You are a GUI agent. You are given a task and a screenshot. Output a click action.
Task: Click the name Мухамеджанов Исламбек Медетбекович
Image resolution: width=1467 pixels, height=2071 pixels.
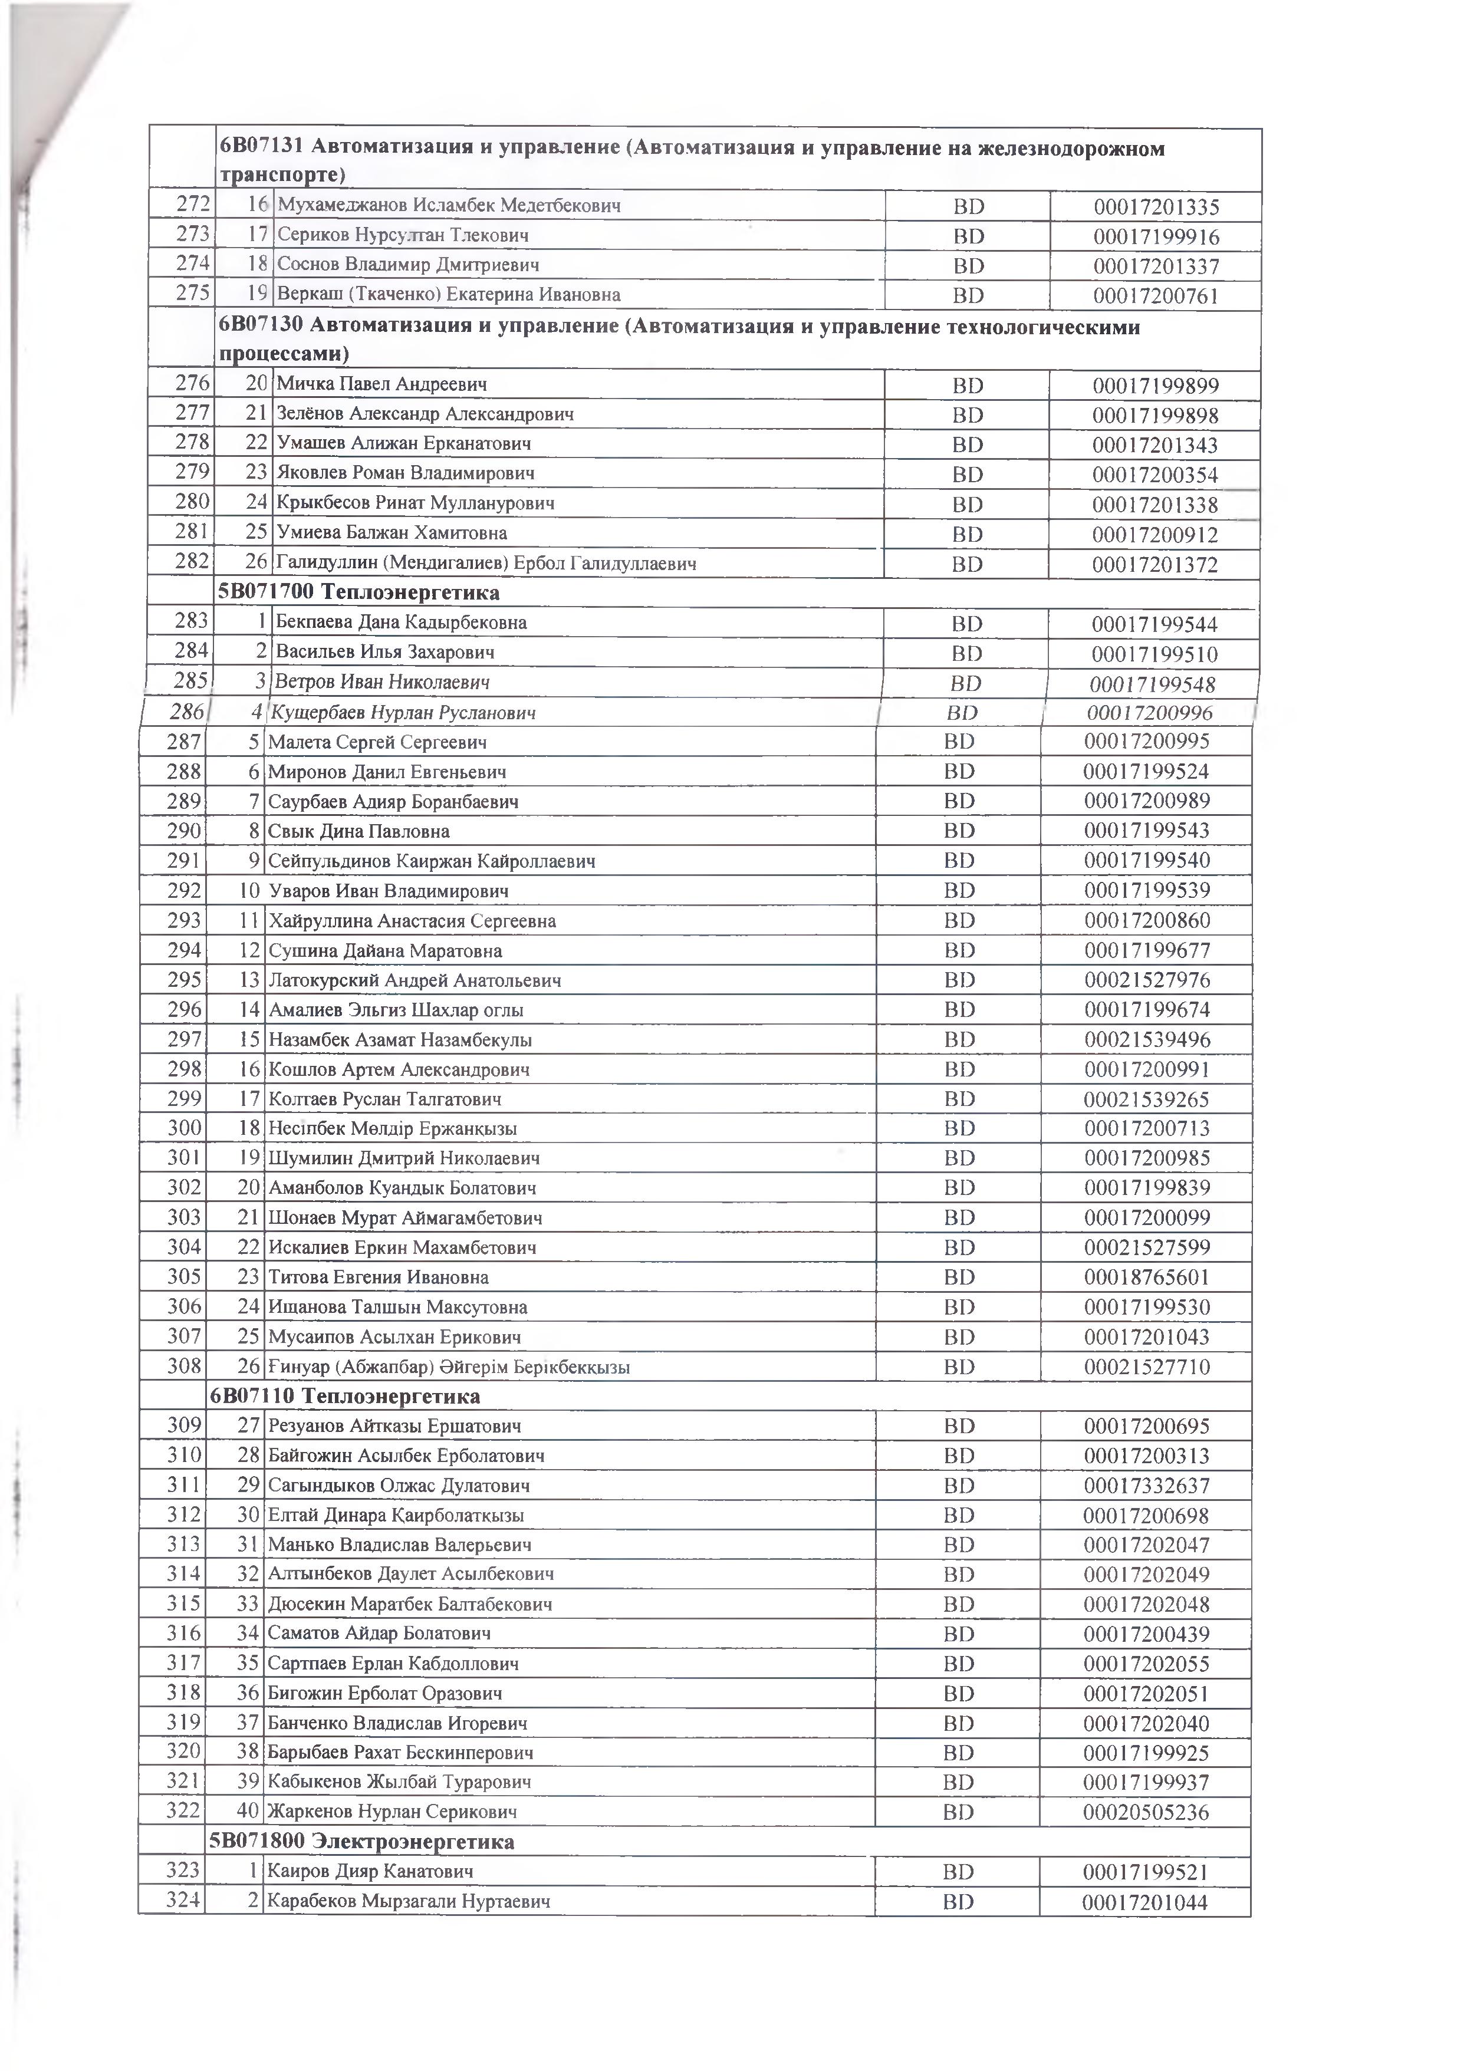449,205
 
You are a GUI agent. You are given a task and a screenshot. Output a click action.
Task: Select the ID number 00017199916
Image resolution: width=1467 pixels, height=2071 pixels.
1156,236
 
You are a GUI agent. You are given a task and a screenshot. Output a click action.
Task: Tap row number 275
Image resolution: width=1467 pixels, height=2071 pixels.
192,292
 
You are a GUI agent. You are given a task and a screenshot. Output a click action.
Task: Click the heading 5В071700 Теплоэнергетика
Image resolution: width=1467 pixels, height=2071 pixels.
358,592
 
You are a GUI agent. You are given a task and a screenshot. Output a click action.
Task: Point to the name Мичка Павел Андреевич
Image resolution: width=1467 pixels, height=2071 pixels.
381,384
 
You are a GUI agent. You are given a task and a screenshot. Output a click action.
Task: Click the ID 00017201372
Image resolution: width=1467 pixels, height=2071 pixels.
1154,565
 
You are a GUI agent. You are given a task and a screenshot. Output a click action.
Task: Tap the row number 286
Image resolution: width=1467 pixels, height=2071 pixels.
187,712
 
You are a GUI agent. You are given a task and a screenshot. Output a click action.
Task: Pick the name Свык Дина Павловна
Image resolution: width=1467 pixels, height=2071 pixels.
358,831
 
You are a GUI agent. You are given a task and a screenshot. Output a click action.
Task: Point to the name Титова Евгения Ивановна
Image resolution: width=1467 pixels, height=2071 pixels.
379,1277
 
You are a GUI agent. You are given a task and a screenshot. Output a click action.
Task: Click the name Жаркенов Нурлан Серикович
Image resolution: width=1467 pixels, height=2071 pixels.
392,1812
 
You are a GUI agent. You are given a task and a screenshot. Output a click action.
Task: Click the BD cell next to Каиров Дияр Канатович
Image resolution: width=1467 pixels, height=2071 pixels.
958,1871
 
